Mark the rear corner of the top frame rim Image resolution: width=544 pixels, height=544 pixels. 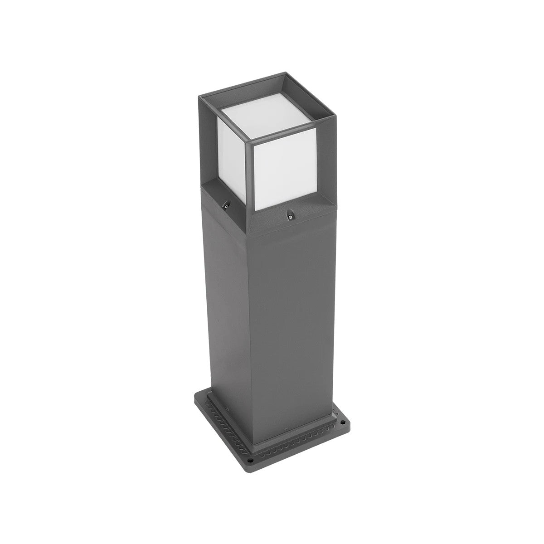285,73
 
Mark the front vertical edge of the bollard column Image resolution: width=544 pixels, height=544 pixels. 252,317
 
